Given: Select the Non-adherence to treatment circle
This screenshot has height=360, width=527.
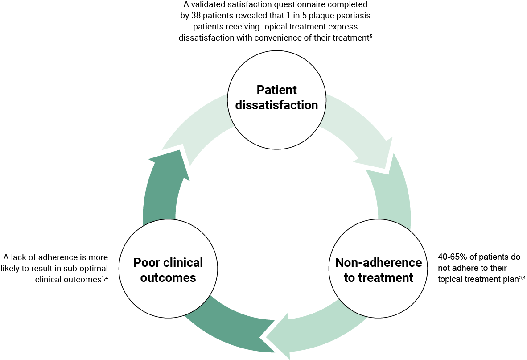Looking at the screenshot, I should [x=378, y=270].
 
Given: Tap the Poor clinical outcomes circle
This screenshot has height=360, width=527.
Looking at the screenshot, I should [x=168, y=270].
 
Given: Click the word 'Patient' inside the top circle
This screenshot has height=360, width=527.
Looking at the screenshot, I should [x=276, y=90].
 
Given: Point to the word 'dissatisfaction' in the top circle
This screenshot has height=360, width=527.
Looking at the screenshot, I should [x=276, y=105].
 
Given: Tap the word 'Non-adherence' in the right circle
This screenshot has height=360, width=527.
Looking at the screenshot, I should [x=378, y=262].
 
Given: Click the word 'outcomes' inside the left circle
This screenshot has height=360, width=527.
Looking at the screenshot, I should [x=168, y=277].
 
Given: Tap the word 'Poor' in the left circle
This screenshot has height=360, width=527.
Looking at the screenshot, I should [x=146, y=262].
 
